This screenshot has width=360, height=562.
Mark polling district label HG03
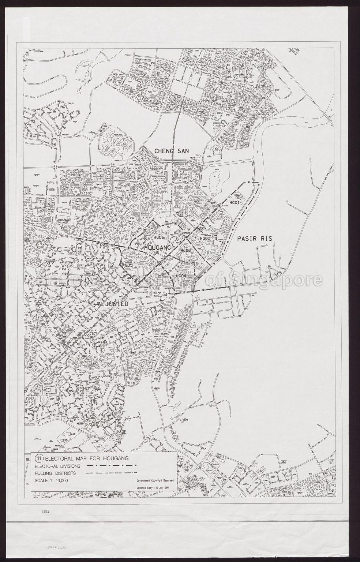click(186, 250)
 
